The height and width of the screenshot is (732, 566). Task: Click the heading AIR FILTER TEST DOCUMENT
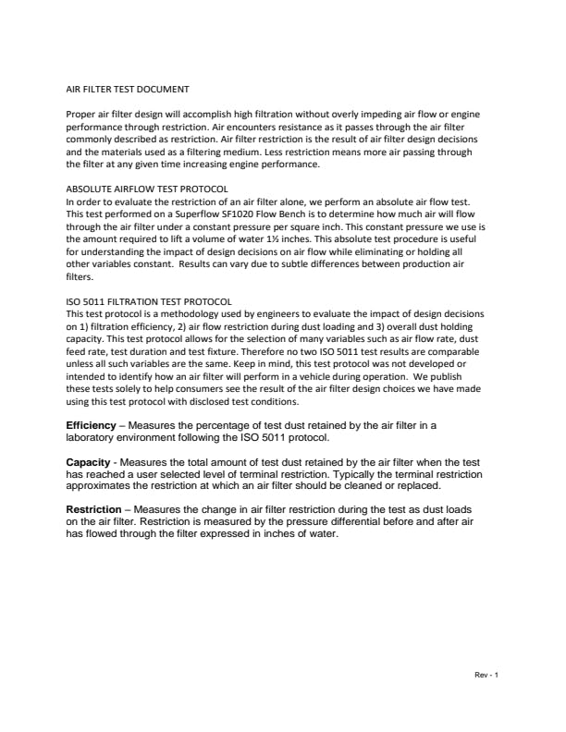(127, 90)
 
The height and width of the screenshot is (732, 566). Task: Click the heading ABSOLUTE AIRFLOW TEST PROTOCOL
(148, 189)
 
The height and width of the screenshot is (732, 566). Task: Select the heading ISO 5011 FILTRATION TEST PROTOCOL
(149, 301)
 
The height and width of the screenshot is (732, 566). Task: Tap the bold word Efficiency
(91, 425)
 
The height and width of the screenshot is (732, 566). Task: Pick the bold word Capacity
(89, 462)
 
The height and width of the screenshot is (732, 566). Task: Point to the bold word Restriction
(93, 510)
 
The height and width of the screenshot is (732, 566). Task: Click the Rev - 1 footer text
(486, 674)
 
